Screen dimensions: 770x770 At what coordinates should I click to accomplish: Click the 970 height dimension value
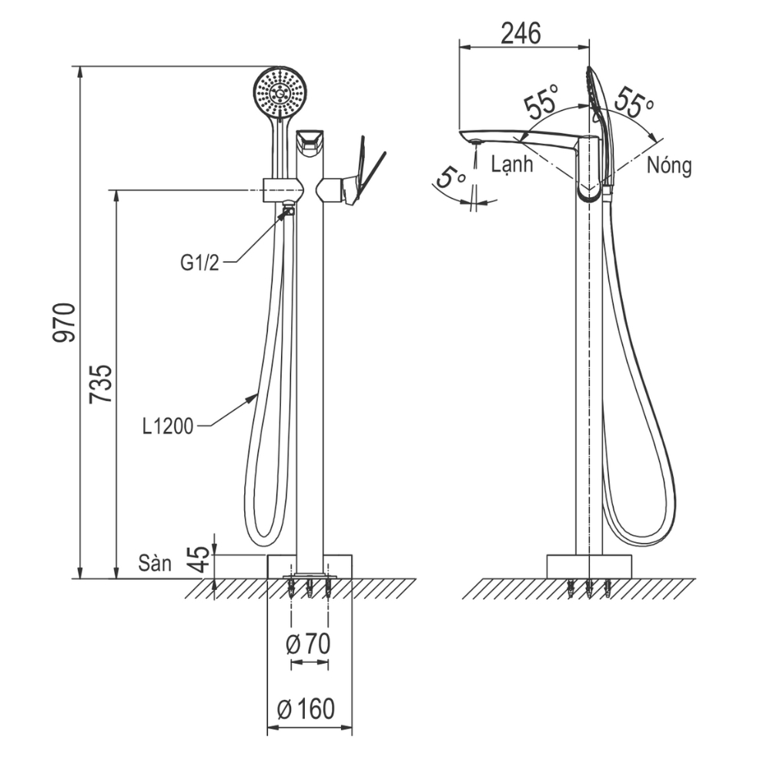point(65,323)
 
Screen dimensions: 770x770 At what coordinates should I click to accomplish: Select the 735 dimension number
point(101,383)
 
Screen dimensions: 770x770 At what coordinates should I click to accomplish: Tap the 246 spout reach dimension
point(521,33)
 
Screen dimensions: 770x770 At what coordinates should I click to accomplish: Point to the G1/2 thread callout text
point(199,263)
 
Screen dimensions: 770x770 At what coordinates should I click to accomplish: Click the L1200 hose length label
point(168,427)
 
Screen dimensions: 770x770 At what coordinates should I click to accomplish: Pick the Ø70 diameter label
point(309,644)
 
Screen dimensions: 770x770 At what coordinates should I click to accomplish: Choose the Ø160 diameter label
point(306,708)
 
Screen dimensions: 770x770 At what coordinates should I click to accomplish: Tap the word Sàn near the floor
point(155,563)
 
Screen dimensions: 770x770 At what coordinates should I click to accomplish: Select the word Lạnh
point(512,163)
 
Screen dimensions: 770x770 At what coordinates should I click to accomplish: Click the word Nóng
point(669,166)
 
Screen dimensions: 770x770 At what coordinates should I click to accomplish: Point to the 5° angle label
point(450,177)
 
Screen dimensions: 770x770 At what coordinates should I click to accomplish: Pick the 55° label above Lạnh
point(541,101)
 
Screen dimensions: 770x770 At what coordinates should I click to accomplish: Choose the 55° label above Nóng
point(634,102)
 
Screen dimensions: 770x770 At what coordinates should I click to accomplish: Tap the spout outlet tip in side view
point(475,142)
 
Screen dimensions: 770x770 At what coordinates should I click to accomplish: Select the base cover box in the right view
point(589,567)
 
